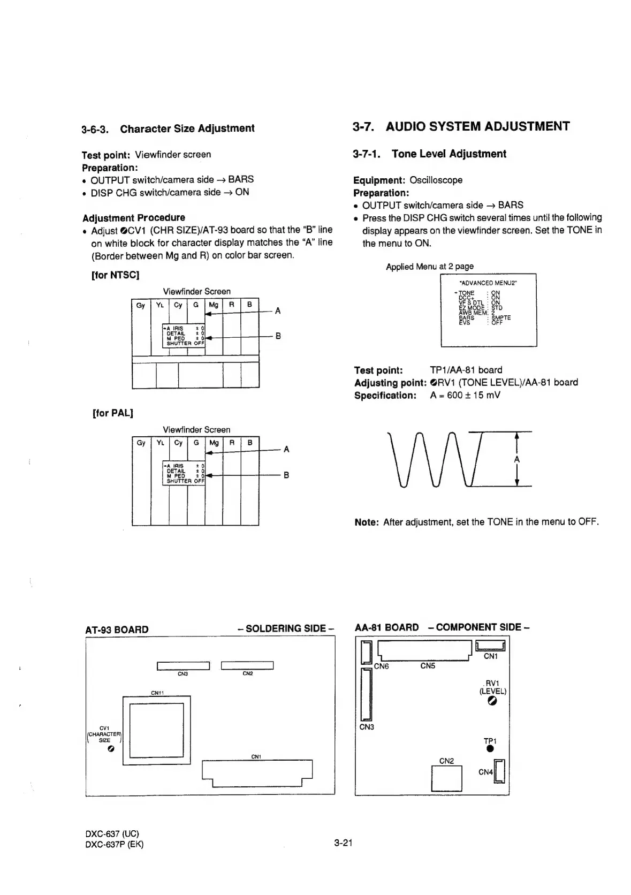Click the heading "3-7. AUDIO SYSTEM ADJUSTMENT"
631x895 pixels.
click(461, 126)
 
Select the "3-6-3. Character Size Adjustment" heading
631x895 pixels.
click(168, 128)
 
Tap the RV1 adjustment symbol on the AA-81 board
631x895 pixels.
click(492, 701)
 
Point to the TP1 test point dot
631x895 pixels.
click(490, 749)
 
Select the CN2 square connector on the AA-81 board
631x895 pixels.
click(446, 778)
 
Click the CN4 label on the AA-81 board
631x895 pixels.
click(485, 772)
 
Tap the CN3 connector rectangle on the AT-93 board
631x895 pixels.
click(183, 666)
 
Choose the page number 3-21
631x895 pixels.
click(343, 844)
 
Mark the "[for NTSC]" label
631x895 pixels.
click(116, 275)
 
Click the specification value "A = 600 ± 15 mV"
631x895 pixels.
click(465, 396)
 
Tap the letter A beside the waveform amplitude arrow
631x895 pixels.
click(516, 460)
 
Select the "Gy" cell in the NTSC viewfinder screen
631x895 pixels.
click(141, 305)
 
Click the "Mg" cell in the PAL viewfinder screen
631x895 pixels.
click(214, 443)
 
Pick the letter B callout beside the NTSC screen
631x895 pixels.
click(278, 336)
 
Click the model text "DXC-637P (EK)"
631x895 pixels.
click(115, 844)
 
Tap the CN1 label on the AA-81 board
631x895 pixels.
click(490, 656)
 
